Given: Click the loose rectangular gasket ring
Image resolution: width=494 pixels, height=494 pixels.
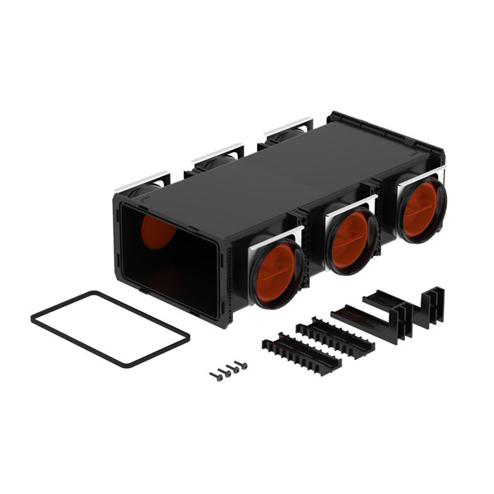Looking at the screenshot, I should (110, 329).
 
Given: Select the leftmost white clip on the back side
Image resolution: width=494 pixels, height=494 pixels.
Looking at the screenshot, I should (149, 181).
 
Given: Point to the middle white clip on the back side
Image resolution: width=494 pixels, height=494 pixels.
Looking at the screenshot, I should (213, 154).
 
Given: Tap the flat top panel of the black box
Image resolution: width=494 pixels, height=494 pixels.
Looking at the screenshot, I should (272, 173).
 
